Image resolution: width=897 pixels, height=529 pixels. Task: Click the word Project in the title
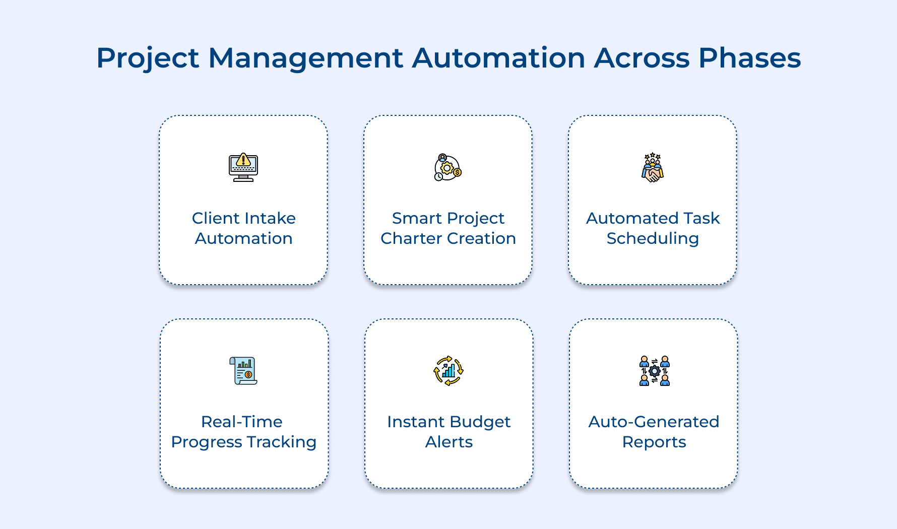[x=148, y=58]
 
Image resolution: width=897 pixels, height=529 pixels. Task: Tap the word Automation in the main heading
[x=498, y=57]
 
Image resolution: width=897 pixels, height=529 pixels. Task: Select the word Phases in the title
[x=749, y=57]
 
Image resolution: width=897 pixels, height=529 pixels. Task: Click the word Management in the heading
[x=305, y=58]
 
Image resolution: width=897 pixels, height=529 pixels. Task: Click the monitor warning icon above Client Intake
[x=243, y=167]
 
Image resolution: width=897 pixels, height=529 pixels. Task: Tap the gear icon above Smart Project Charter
[x=447, y=167]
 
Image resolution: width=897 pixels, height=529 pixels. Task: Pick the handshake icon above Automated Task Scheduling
[x=653, y=167]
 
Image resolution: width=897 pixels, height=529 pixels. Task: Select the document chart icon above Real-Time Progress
[x=243, y=371]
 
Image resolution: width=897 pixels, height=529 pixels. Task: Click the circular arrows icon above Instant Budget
[x=448, y=371]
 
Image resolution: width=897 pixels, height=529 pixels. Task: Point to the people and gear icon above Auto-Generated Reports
[x=654, y=371]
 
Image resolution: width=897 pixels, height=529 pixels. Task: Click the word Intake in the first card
[x=271, y=218]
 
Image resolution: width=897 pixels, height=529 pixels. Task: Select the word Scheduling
[x=653, y=239]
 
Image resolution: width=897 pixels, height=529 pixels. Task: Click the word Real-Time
[x=241, y=422]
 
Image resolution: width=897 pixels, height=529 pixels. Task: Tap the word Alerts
[x=448, y=442]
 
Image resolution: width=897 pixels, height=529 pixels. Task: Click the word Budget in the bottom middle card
[x=479, y=422]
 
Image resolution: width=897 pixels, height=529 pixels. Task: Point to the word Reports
[x=654, y=442]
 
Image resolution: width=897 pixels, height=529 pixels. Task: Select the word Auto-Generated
[x=654, y=422]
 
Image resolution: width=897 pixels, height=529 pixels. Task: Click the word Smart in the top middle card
[x=417, y=218]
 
